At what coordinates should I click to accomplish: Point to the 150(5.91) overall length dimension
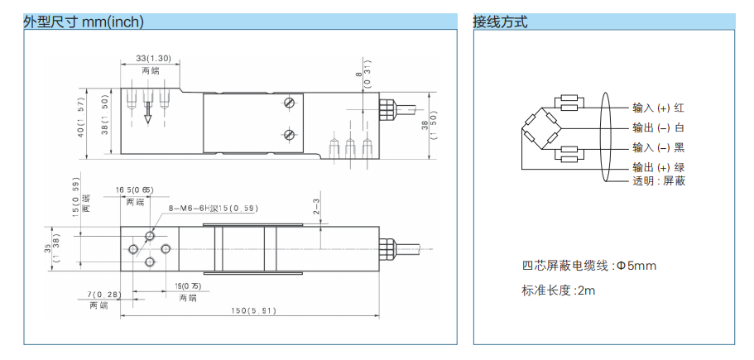(252, 310)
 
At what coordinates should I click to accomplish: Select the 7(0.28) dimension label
(104, 294)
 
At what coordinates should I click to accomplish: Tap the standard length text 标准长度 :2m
(559, 290)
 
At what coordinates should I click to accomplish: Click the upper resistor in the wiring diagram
(569, 103)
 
